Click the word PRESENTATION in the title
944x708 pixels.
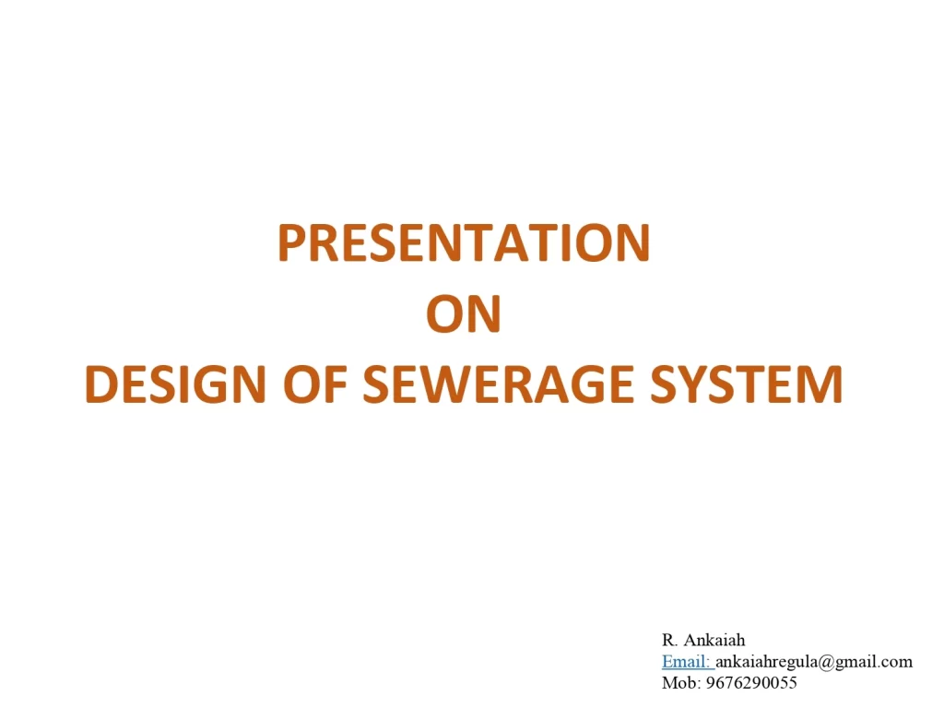[464, 242]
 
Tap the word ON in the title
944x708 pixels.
[464, 313]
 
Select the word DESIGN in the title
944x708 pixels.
[175, 384]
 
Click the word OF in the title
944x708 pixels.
[315, 384]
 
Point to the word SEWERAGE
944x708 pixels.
[499, 384]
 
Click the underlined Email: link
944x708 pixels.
[688, 662]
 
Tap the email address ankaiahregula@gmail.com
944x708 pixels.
[814, 662]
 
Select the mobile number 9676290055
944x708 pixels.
[751, 683]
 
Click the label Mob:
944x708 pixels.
[681, 683]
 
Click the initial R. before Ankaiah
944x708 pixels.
[669, 640]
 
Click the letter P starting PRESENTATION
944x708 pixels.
[292, 242]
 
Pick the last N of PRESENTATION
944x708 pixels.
[633, 242]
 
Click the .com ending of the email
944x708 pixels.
[895, 663]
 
